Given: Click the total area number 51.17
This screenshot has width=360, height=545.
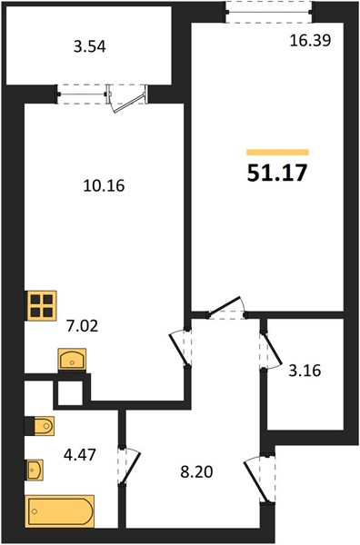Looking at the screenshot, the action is tap(277, 173).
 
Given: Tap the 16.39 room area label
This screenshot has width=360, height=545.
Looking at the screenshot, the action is tap(310, 41).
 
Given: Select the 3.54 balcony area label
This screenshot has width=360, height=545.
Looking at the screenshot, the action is tap(90, 46).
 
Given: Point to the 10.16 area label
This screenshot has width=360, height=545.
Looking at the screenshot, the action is tap(104, 185).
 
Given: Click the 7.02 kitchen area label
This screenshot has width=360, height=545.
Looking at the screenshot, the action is tap(82, 326).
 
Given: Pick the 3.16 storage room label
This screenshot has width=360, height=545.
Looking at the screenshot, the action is tap(305, 371).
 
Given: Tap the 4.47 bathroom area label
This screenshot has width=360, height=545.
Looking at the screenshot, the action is tap(80, 454).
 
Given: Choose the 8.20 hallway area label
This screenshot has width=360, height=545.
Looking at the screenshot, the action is tap(196, 472).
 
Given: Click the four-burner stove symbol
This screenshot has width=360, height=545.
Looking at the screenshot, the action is tap(42, 305).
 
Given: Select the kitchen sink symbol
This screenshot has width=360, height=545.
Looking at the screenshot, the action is tap(72, 360).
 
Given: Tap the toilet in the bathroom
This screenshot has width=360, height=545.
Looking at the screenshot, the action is tap(44, 426).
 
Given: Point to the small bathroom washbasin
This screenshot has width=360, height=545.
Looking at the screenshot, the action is tap(35, 470).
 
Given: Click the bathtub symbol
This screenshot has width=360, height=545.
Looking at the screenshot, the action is tap(60, 510).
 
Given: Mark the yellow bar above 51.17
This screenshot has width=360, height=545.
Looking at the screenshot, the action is tap(277, 152).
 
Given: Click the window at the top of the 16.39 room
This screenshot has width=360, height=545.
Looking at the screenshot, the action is tap(268, 12).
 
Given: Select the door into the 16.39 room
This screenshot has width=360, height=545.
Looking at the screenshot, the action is tap(226, 309).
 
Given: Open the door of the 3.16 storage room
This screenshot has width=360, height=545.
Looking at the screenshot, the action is tap(270, 351).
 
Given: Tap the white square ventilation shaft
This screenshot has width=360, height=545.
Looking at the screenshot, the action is tap(70, 393).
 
